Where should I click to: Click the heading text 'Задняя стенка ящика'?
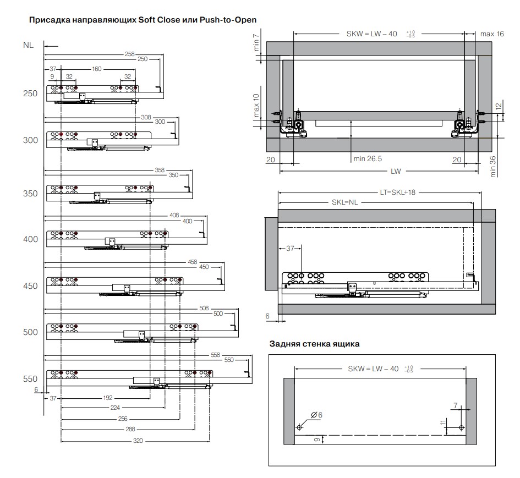(314, 344)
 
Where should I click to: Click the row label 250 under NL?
(30, 94)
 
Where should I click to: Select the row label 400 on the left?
(30, 239)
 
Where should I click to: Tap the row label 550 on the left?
(30, 379)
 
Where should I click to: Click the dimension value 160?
(97, 69)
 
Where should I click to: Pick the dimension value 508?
(204, 309)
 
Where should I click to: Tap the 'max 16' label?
(492, 34)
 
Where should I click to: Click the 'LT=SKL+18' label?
(398, 193)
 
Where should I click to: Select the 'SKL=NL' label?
(345, 202)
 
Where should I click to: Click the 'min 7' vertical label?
(256, 42)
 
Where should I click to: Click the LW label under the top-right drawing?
(396, 172)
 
